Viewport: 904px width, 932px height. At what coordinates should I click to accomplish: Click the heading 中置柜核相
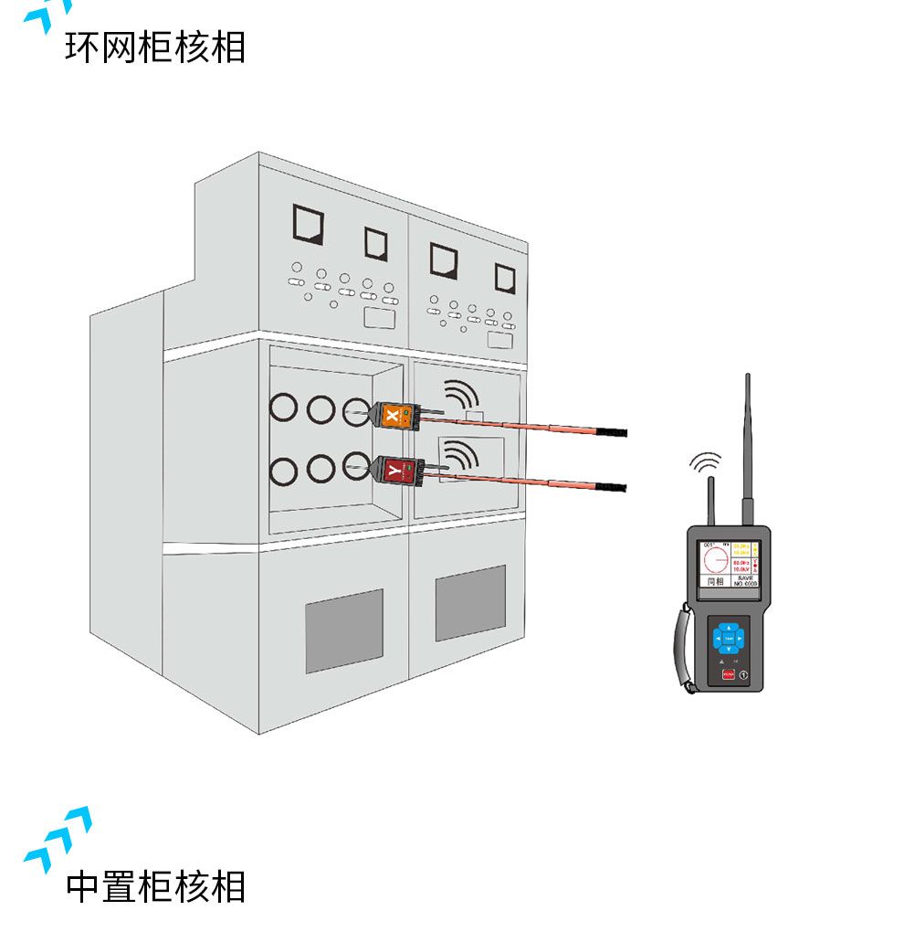(x=155, y=886)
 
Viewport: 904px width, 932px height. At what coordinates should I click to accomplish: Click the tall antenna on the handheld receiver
(x=747, y=448)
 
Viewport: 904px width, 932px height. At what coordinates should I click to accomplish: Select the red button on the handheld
(x=728, y=675)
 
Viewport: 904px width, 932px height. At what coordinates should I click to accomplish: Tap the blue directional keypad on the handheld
(x=729, y=637)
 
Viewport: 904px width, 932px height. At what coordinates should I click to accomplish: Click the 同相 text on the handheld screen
(x=714, y=580)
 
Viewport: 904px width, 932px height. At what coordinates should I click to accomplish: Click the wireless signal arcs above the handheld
(x=704, y=462)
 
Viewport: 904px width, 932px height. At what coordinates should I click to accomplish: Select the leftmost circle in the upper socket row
(x=284, y=408)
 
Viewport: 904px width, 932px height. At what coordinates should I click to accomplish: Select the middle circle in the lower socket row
(x=321, y=469)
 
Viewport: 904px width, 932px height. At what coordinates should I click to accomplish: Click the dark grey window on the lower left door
(x=343, y=630)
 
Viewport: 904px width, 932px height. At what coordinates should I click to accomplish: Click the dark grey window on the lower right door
(x=470, y=602)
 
